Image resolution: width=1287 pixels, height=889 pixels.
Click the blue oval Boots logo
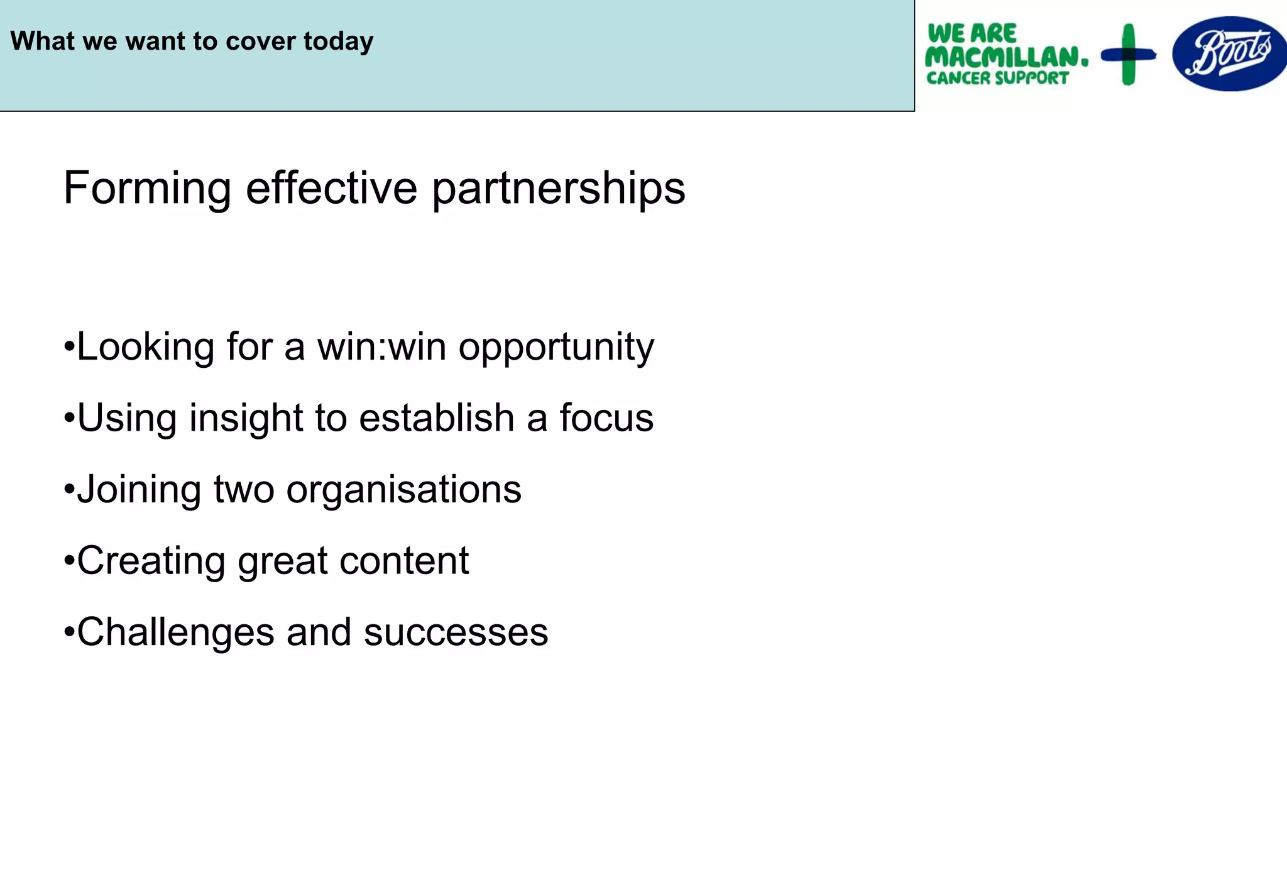(1229, 54)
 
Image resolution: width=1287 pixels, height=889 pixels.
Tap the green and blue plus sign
(1129, 55)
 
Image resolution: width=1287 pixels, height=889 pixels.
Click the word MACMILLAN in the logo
(1005, 57)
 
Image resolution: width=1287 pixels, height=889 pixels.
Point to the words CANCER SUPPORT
(997, 78)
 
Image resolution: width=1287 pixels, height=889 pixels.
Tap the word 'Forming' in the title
(148, 188)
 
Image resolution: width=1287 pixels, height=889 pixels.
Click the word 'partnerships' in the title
(558, 189)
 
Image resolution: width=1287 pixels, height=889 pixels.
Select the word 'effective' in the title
(331, 188)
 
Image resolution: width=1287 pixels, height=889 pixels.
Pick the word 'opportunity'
(556, 348)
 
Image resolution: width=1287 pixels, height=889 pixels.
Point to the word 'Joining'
(138, 490)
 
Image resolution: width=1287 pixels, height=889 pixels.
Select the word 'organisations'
(403, 490)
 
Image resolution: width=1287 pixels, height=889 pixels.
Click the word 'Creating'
(151, 561)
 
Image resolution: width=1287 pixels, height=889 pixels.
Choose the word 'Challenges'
(175, 632)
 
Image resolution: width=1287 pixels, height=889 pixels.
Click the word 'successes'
(456, 632)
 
